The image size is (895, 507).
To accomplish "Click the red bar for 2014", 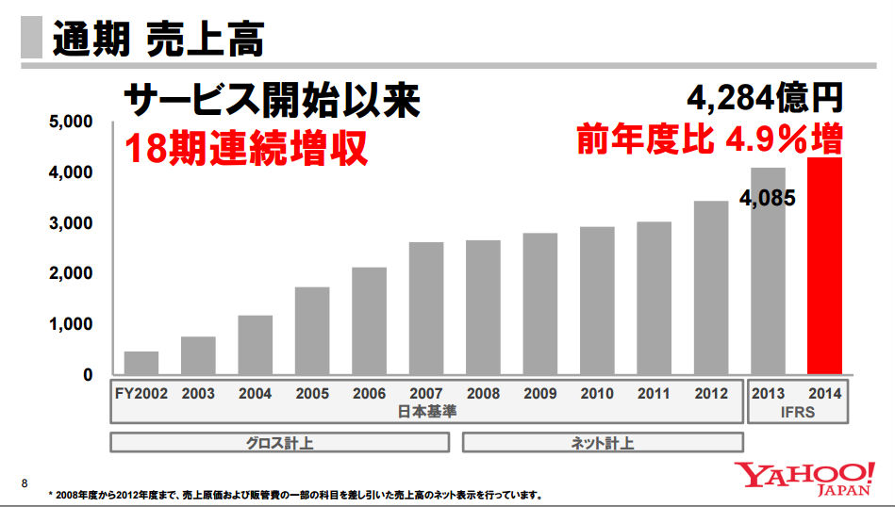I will coord(825,266).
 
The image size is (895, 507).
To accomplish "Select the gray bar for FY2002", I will coord(141,363).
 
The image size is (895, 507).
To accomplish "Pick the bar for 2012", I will coord(711,287).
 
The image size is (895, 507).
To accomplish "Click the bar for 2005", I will coord(312,330).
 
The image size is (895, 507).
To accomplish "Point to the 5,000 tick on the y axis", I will coord(72,123).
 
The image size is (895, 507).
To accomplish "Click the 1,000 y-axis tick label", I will coord(72,324).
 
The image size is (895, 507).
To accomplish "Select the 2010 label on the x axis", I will coord(597,394).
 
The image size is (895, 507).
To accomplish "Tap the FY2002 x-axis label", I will coord(141,394).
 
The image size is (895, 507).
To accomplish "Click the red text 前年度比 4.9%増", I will coord(709,139).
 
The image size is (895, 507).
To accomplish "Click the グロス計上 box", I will coord(284,442).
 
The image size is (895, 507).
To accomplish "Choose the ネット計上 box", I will coord(603,442).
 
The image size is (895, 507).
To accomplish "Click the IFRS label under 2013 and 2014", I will coord(797,412).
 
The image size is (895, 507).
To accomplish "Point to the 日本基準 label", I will coord(426,412).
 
